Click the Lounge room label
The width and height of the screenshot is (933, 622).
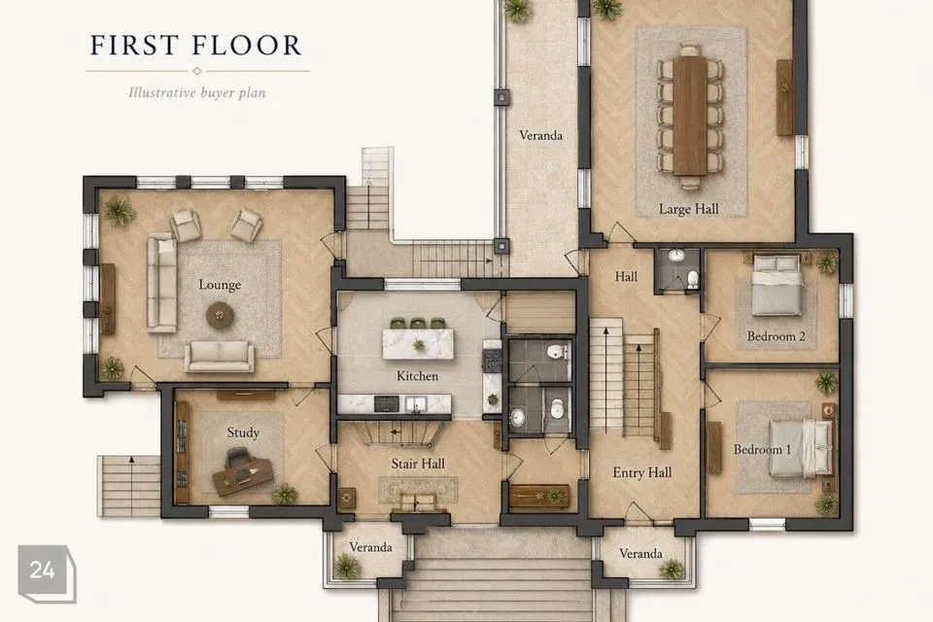coord(220,285)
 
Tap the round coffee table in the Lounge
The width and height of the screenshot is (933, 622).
coord(220,315)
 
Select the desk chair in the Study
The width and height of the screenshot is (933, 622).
coord(238,459)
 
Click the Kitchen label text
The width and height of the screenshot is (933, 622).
coord(417,376)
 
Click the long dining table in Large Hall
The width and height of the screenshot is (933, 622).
coord(690,115)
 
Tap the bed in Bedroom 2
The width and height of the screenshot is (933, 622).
coord(776,285)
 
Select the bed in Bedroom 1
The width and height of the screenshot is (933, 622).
coord(800,449)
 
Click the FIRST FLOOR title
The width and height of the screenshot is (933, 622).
coord(195,46)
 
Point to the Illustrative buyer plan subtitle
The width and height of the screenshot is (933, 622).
coord(197,92)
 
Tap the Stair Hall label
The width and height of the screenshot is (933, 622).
coord(418,464)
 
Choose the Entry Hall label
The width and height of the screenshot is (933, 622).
coord(642,472)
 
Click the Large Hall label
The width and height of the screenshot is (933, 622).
coord(688,209)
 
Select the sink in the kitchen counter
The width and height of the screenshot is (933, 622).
coord(416,404)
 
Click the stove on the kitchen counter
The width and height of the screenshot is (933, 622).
coord(492,361)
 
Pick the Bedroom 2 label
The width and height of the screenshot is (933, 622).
coord(776,336)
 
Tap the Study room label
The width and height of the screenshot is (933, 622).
coord(243,432)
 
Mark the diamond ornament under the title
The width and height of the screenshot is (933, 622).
coord(197,71)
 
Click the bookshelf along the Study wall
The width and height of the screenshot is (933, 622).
coord(182,452)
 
